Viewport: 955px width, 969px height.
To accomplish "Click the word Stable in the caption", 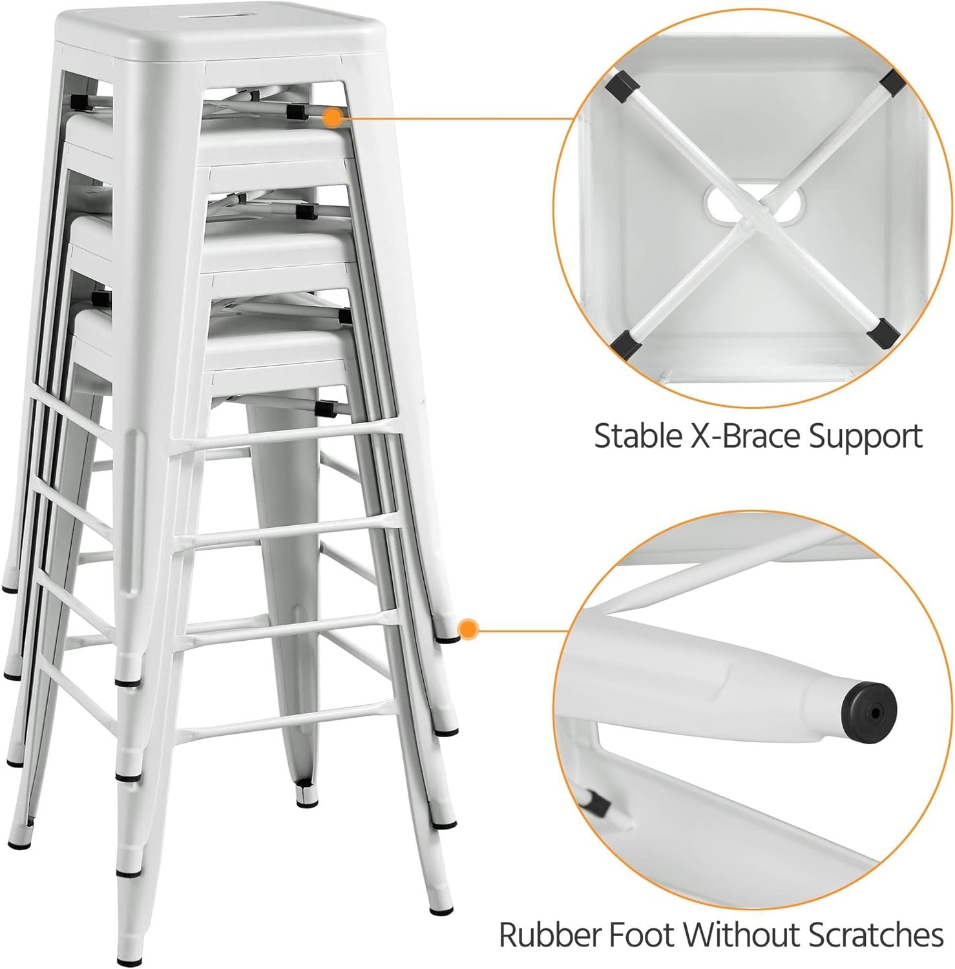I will point(635,436).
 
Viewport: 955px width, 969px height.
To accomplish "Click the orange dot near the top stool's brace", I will point(333,117).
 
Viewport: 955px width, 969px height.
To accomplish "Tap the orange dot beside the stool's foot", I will point(468,629).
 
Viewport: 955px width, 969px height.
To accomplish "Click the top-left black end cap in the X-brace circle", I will point(620,84).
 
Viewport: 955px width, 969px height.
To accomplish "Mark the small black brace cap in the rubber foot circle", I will point(597,802).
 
